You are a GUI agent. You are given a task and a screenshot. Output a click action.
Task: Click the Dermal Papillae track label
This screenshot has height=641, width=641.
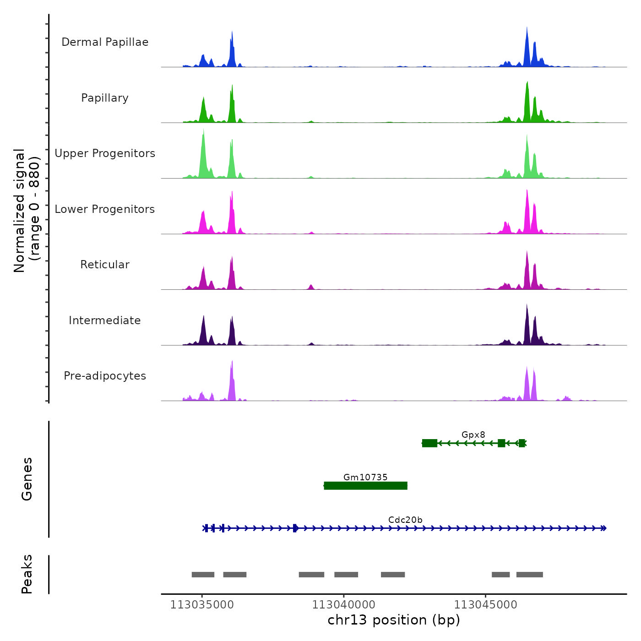point(105,42)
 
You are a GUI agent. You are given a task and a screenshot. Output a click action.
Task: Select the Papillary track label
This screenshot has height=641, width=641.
point(105,98)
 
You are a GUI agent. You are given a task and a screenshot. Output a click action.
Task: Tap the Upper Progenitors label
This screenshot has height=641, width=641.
point(105,153)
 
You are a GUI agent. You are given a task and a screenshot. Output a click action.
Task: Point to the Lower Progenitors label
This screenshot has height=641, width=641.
point(105,209)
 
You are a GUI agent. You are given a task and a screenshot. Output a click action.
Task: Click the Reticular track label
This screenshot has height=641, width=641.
point(105,265)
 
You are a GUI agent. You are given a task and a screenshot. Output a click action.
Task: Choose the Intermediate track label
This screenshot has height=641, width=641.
point(105,320)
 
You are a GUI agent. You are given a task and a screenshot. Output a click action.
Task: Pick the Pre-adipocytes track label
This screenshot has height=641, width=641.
point(105,376)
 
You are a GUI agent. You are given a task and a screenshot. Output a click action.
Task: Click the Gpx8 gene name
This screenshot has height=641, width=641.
point(473,435)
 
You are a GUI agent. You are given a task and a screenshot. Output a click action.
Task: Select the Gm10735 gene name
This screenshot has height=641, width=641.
point(365,477)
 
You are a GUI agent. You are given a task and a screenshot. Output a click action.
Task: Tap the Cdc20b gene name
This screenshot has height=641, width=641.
point(405,520)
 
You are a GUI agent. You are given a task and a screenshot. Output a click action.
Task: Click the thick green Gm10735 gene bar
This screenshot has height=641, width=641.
point(365,486)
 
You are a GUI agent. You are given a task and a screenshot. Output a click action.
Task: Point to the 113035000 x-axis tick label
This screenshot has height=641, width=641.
point(202,605)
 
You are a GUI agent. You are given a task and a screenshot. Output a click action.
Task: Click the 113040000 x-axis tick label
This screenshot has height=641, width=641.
point(343,605)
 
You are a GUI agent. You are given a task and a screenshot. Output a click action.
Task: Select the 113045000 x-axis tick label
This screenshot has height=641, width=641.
point(485,605)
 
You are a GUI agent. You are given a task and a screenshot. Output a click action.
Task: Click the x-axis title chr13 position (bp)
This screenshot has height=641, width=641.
point(394,620)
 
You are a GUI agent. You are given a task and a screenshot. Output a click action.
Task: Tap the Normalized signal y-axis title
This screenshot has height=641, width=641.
point(27,210)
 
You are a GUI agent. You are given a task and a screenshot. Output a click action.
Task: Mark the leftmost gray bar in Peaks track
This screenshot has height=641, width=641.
point(203,575)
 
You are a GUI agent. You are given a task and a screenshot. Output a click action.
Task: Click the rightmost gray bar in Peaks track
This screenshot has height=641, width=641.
point(529,575)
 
